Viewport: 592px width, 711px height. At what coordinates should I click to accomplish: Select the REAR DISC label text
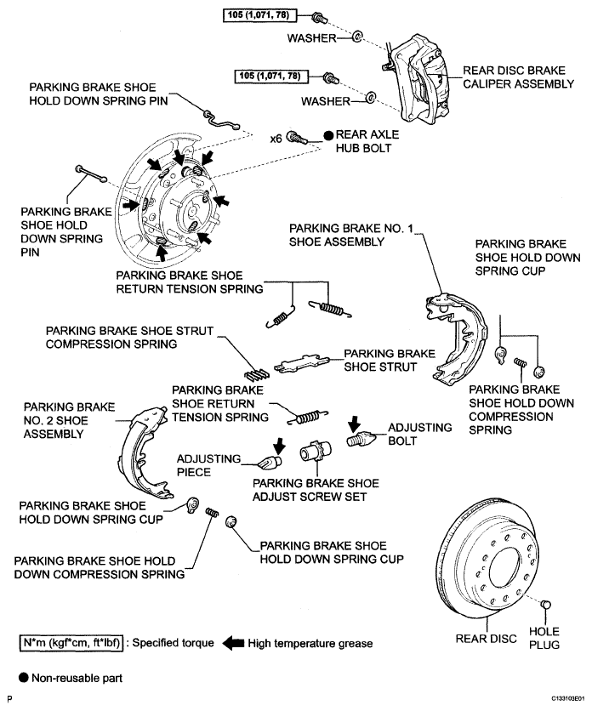(486, 639)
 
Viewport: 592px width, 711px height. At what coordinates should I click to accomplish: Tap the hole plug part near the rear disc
(546, 605)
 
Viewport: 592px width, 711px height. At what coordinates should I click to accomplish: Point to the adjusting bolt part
(361, 439)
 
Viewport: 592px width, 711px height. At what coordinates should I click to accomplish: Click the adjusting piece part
(270, 463)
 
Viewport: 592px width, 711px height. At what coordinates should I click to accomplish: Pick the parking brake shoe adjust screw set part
(316, 452)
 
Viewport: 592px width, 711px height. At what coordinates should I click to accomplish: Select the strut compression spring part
(256, 374)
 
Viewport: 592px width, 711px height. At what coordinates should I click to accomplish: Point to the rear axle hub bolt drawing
(298, 136)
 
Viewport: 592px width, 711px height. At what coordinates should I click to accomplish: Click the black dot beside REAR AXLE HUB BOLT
(328, 135)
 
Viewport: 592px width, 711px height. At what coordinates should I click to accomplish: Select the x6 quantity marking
(276, 139)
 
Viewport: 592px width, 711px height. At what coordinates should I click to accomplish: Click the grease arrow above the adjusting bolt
(354, 424)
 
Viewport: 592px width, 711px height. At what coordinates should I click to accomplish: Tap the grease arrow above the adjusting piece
(280, 446)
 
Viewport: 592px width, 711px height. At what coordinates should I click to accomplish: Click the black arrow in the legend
(234, 643)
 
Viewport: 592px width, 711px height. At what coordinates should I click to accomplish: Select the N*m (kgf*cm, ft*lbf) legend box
(71, 643)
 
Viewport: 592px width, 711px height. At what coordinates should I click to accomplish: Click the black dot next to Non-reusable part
(24, 678)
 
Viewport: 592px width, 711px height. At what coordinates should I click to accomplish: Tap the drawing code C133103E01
(568, 699)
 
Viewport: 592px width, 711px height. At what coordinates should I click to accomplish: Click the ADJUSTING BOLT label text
(419, 434)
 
